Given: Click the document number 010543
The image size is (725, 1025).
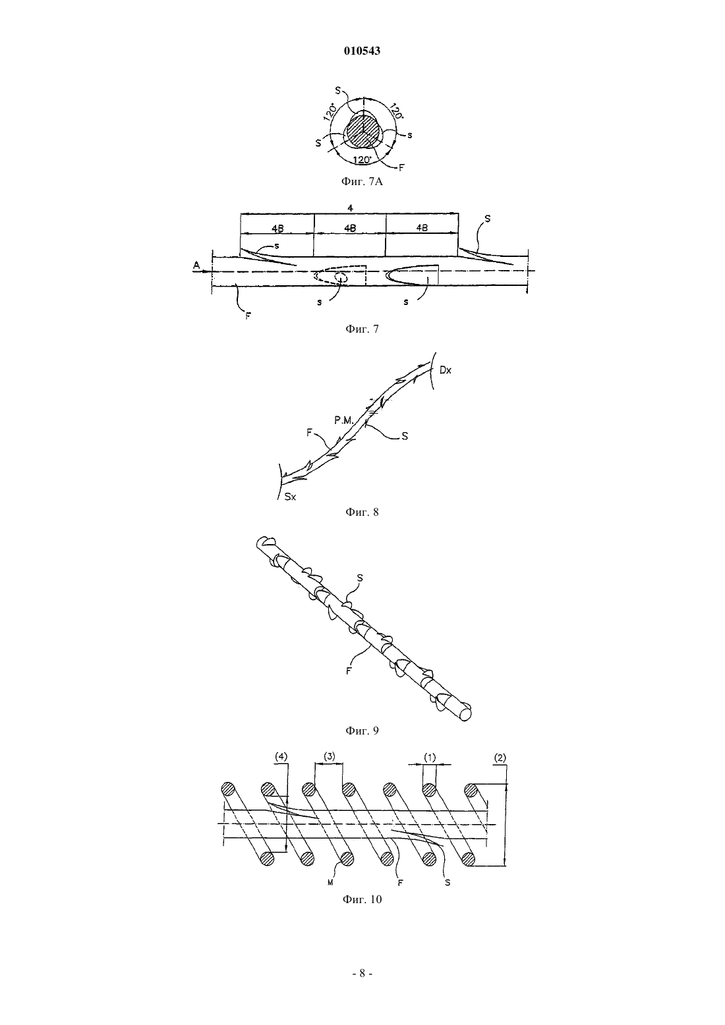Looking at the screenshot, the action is tap(362, 51).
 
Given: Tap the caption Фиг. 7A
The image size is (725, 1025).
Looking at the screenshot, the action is tap(362, 182).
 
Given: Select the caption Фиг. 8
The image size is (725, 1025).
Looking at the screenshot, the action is tap(362, 512).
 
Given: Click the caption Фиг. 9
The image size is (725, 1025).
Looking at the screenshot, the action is tap(362, 731).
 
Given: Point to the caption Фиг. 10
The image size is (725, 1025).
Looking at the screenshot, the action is tap(362, 899).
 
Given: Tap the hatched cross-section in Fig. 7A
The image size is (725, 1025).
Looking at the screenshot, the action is tap(363, 131).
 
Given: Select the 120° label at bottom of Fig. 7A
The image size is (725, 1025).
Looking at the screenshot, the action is tap(363, 160).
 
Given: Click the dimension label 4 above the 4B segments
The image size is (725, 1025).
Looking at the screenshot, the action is tap(350, 208).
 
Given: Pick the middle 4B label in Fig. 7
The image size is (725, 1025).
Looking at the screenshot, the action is tap(350, 227).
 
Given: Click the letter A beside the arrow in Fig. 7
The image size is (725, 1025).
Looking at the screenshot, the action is tap(196, 265).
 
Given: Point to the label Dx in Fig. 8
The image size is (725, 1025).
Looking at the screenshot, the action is tap(446, 370).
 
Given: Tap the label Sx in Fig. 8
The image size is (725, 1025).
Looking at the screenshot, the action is tap(290, 497).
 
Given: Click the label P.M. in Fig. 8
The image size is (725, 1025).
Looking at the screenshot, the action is tap(343, 420).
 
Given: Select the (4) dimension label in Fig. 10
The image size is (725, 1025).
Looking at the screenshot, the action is tap(281, 757).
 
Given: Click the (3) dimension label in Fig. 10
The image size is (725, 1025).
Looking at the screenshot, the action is tap(330, 756).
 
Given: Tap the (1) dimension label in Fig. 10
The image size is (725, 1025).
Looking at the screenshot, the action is tap(429, 758).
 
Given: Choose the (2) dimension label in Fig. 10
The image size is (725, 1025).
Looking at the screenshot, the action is tap(500, 758).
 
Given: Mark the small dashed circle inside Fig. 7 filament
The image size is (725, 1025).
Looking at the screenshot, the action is tap(340, 278).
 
